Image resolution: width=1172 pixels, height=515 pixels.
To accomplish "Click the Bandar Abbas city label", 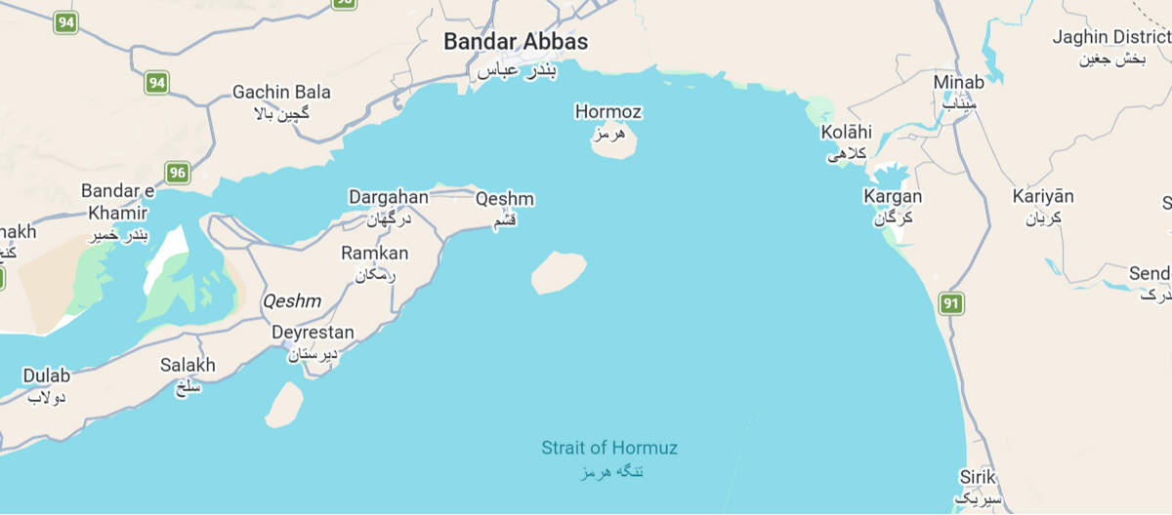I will tap(516, 42).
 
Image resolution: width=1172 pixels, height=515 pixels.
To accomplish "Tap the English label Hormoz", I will tap(608, 112).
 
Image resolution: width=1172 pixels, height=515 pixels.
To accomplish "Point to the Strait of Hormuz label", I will tap(609, 449).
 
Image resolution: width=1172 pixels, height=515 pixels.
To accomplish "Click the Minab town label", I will tap(958, 82).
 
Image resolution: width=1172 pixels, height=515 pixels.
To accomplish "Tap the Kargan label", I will tap(893, 197).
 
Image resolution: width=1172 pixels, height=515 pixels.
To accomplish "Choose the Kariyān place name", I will tap(1043, 197).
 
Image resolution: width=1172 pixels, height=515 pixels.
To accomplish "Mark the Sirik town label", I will tap(977, 477).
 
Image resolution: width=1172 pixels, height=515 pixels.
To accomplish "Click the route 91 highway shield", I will tap(951, 303).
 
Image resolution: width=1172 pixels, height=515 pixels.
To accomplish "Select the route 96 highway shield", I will tap(177, 173).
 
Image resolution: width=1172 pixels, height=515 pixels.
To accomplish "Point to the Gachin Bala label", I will tap(281, 93).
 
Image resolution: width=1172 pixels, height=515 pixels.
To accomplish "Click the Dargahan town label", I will tap(388, 197).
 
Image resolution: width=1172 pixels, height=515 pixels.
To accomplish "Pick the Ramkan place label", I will tap(374, 254).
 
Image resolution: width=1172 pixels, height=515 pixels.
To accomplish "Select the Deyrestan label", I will tap(313, 333).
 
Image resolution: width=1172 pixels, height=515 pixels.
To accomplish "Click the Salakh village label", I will tap(188, 366).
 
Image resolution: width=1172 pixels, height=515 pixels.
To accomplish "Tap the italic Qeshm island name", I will tap(291, 302).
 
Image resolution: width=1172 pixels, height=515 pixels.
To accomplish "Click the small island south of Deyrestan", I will tap(284, 405).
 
